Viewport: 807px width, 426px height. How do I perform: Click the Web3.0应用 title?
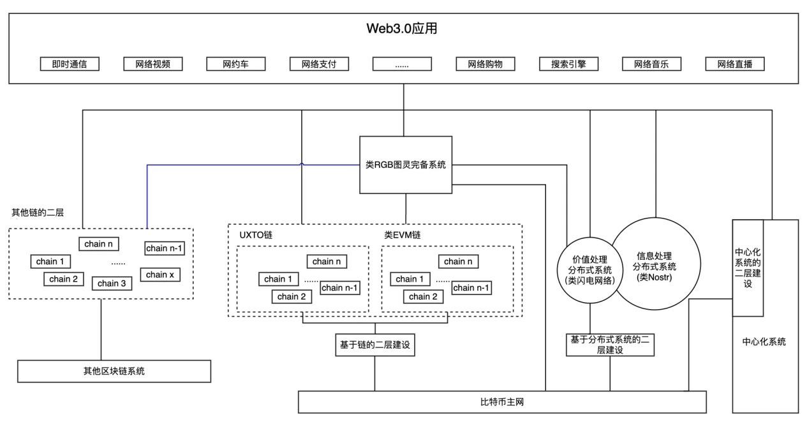pos(403,29)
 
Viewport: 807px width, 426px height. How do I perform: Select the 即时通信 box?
pos(69,64)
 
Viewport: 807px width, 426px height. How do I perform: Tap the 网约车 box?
pos(235,64)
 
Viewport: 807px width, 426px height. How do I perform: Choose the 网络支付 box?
pos(319,64)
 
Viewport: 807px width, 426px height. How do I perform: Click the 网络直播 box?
pos(735,64)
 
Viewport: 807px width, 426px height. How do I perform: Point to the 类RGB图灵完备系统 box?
pos(406,164)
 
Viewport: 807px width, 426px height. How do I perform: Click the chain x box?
pos(160,275)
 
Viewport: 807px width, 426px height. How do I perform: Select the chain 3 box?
pos(112,284)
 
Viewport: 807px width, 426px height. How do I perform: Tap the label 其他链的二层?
pos(38,212)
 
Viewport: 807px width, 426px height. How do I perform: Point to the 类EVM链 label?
pos(402,235)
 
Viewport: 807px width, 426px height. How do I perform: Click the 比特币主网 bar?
pos(502,402)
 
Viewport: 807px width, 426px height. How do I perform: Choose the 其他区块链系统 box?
pos(114,371)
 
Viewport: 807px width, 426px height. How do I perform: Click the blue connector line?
pos(147,192)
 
